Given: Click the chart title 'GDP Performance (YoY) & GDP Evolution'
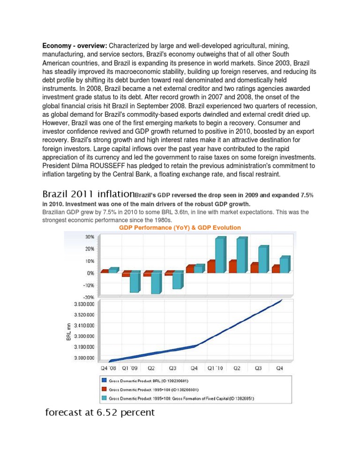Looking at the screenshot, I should [x=180, y=227].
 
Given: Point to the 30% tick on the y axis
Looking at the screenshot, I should [x=90, y=236].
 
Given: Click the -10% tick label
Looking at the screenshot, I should [x=89, y=285].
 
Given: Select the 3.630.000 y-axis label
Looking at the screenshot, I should [x=84, y=304].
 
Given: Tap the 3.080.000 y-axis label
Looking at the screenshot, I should [x=84, y=358].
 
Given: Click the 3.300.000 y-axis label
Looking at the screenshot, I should [x=84, y=336].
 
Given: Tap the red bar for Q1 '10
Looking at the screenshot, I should [x=211, y=266].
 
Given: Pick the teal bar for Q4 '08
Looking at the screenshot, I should [x=113, y=270].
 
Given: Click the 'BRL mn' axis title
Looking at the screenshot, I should [x=68, y=331].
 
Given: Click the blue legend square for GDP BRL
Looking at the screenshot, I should [x=104, y=382].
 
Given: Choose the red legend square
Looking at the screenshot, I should [x=104, y=390].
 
